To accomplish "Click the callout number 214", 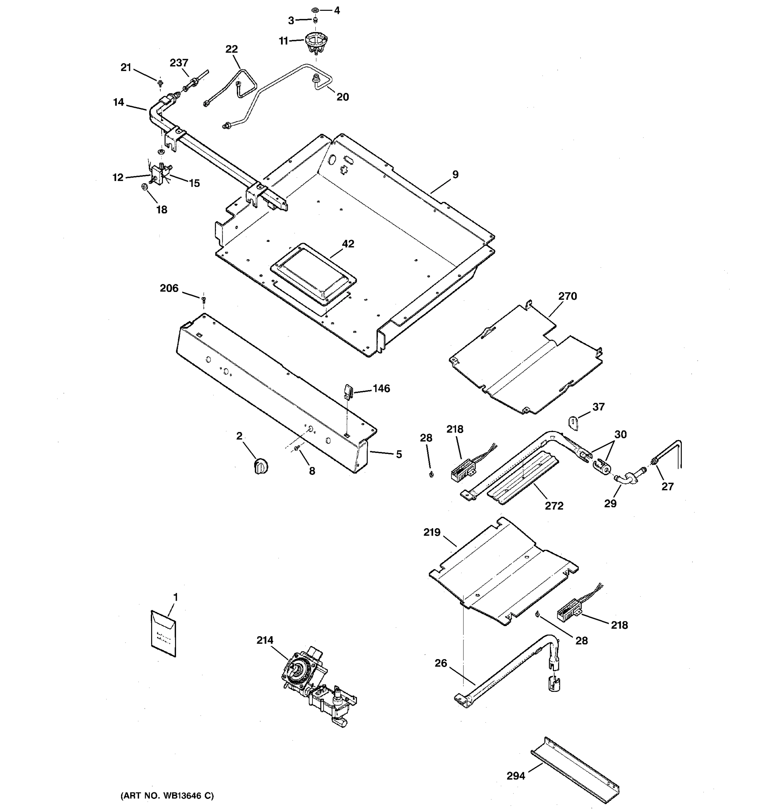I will tap(265, 640).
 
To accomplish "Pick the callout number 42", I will tap(348, 244).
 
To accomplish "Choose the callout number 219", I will tap(432, 532).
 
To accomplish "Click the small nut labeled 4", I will tap(315, 9).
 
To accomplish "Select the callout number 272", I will tap(554, 506).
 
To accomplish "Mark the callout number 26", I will tap(441, 663).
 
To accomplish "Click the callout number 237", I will tap(179, 63).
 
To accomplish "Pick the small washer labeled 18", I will tap(144, 187).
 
